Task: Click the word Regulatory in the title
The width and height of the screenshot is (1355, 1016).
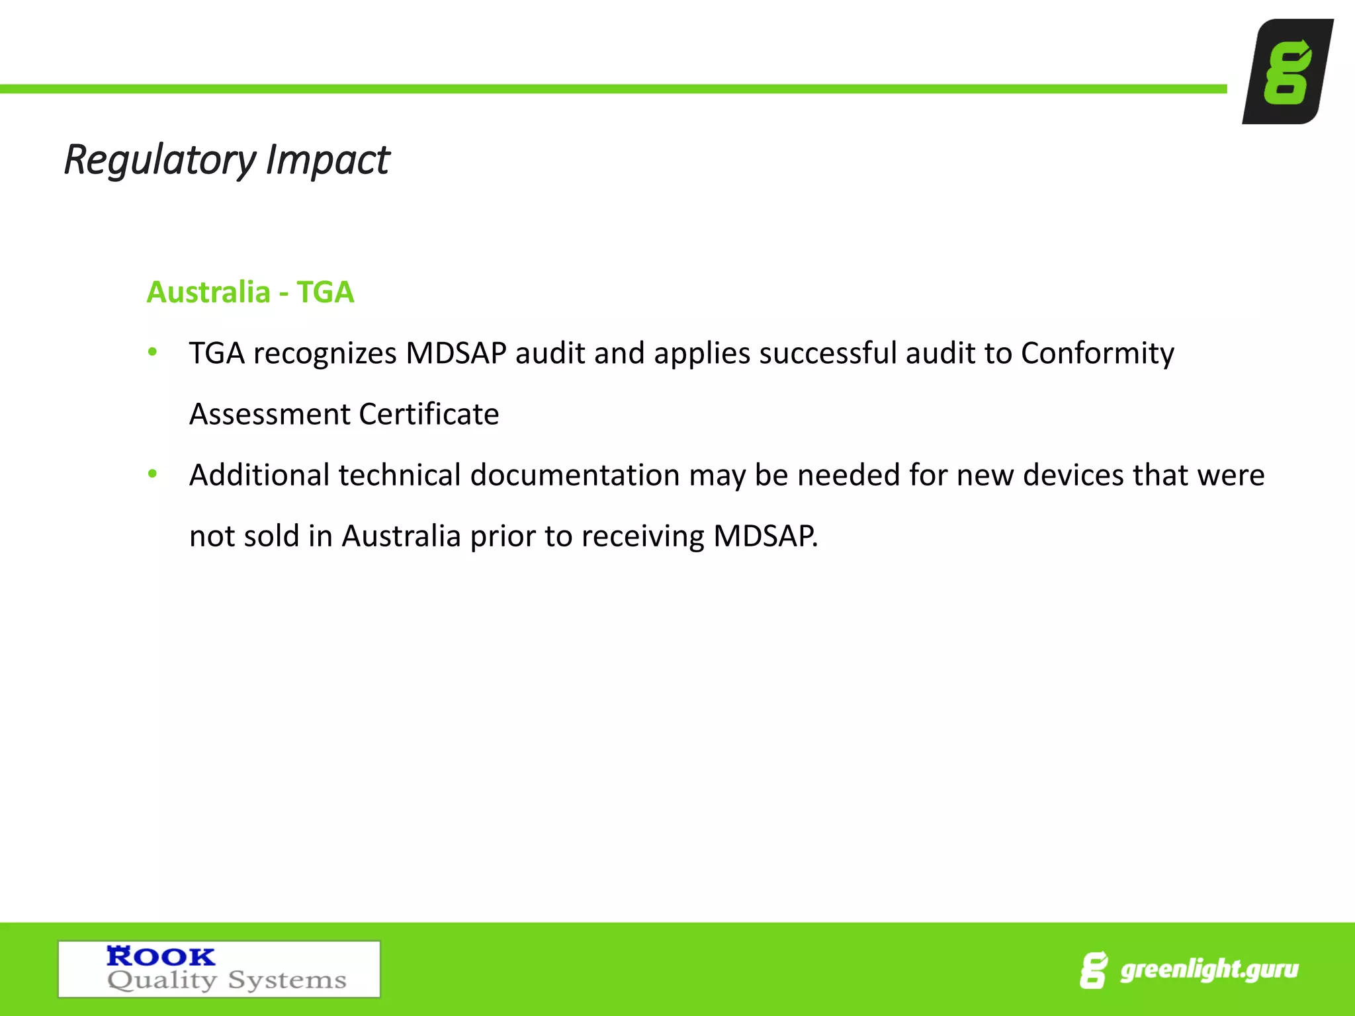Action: point(159,160)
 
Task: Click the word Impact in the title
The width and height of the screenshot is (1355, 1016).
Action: point(328,160)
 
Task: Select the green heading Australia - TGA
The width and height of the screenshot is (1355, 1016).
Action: point(250,292)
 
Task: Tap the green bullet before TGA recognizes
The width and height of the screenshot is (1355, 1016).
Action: point(153,352)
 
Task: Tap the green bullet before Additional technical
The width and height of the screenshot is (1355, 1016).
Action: point(153,474)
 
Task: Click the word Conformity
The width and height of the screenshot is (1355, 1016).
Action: point(1097,353)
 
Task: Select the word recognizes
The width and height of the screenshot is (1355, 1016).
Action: point(324,353)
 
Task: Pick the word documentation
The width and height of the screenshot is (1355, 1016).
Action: point(575,475)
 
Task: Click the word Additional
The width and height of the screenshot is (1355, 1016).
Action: point(259,475)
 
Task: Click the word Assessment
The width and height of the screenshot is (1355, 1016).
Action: point(269,414)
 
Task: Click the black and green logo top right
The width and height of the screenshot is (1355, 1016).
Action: point(1288,71)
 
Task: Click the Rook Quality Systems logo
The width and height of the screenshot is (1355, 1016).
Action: point(219,969)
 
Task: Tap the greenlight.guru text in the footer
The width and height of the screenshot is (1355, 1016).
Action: point(1209,970)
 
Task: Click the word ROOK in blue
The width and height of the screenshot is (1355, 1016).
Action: point(161,956)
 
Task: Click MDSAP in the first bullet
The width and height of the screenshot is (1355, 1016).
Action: point(456,353)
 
